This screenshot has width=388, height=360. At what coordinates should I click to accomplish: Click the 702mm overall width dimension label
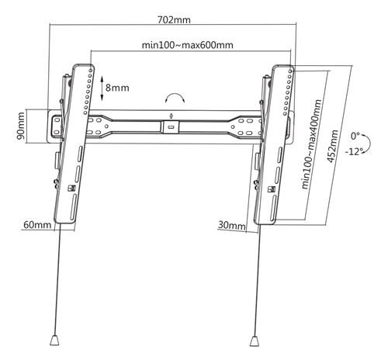174,20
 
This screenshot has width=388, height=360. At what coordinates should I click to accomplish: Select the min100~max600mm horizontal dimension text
188,45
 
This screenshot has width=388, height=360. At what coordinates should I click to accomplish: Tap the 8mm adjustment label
117,88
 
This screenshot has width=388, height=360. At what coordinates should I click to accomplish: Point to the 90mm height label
21,126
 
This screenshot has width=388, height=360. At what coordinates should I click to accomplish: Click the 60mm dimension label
37,224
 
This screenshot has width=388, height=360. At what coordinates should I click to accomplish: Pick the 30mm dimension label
231,225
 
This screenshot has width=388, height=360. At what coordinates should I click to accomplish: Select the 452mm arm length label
333,147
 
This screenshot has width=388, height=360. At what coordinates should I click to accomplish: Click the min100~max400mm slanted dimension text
312,144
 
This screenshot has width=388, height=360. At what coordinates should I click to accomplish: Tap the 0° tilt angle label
355,136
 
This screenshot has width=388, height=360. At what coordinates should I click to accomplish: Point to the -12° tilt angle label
353,151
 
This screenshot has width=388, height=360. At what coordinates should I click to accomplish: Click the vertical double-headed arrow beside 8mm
102,88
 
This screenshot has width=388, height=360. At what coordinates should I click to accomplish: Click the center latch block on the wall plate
170,127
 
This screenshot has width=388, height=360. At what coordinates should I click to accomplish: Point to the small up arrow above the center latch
170,116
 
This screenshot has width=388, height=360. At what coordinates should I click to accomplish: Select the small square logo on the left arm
71,189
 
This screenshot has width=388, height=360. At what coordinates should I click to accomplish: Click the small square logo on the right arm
271,189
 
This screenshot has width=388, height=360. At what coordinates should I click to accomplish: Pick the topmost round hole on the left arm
91,70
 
